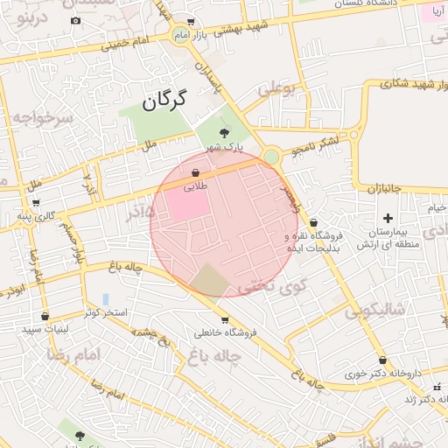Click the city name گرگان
coord(164,99)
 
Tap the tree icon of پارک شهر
coord(225,133)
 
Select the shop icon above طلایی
coord(195,173)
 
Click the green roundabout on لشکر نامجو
coord(271,157)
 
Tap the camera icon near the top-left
coord(75,20)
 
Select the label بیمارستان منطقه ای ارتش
coord(384,238)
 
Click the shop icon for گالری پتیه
coord(21,215)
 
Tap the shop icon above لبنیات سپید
coord(45,317)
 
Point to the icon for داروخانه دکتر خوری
coord(382,360)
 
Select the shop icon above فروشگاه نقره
coord(313,223)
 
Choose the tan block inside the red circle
coord(209,279)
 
